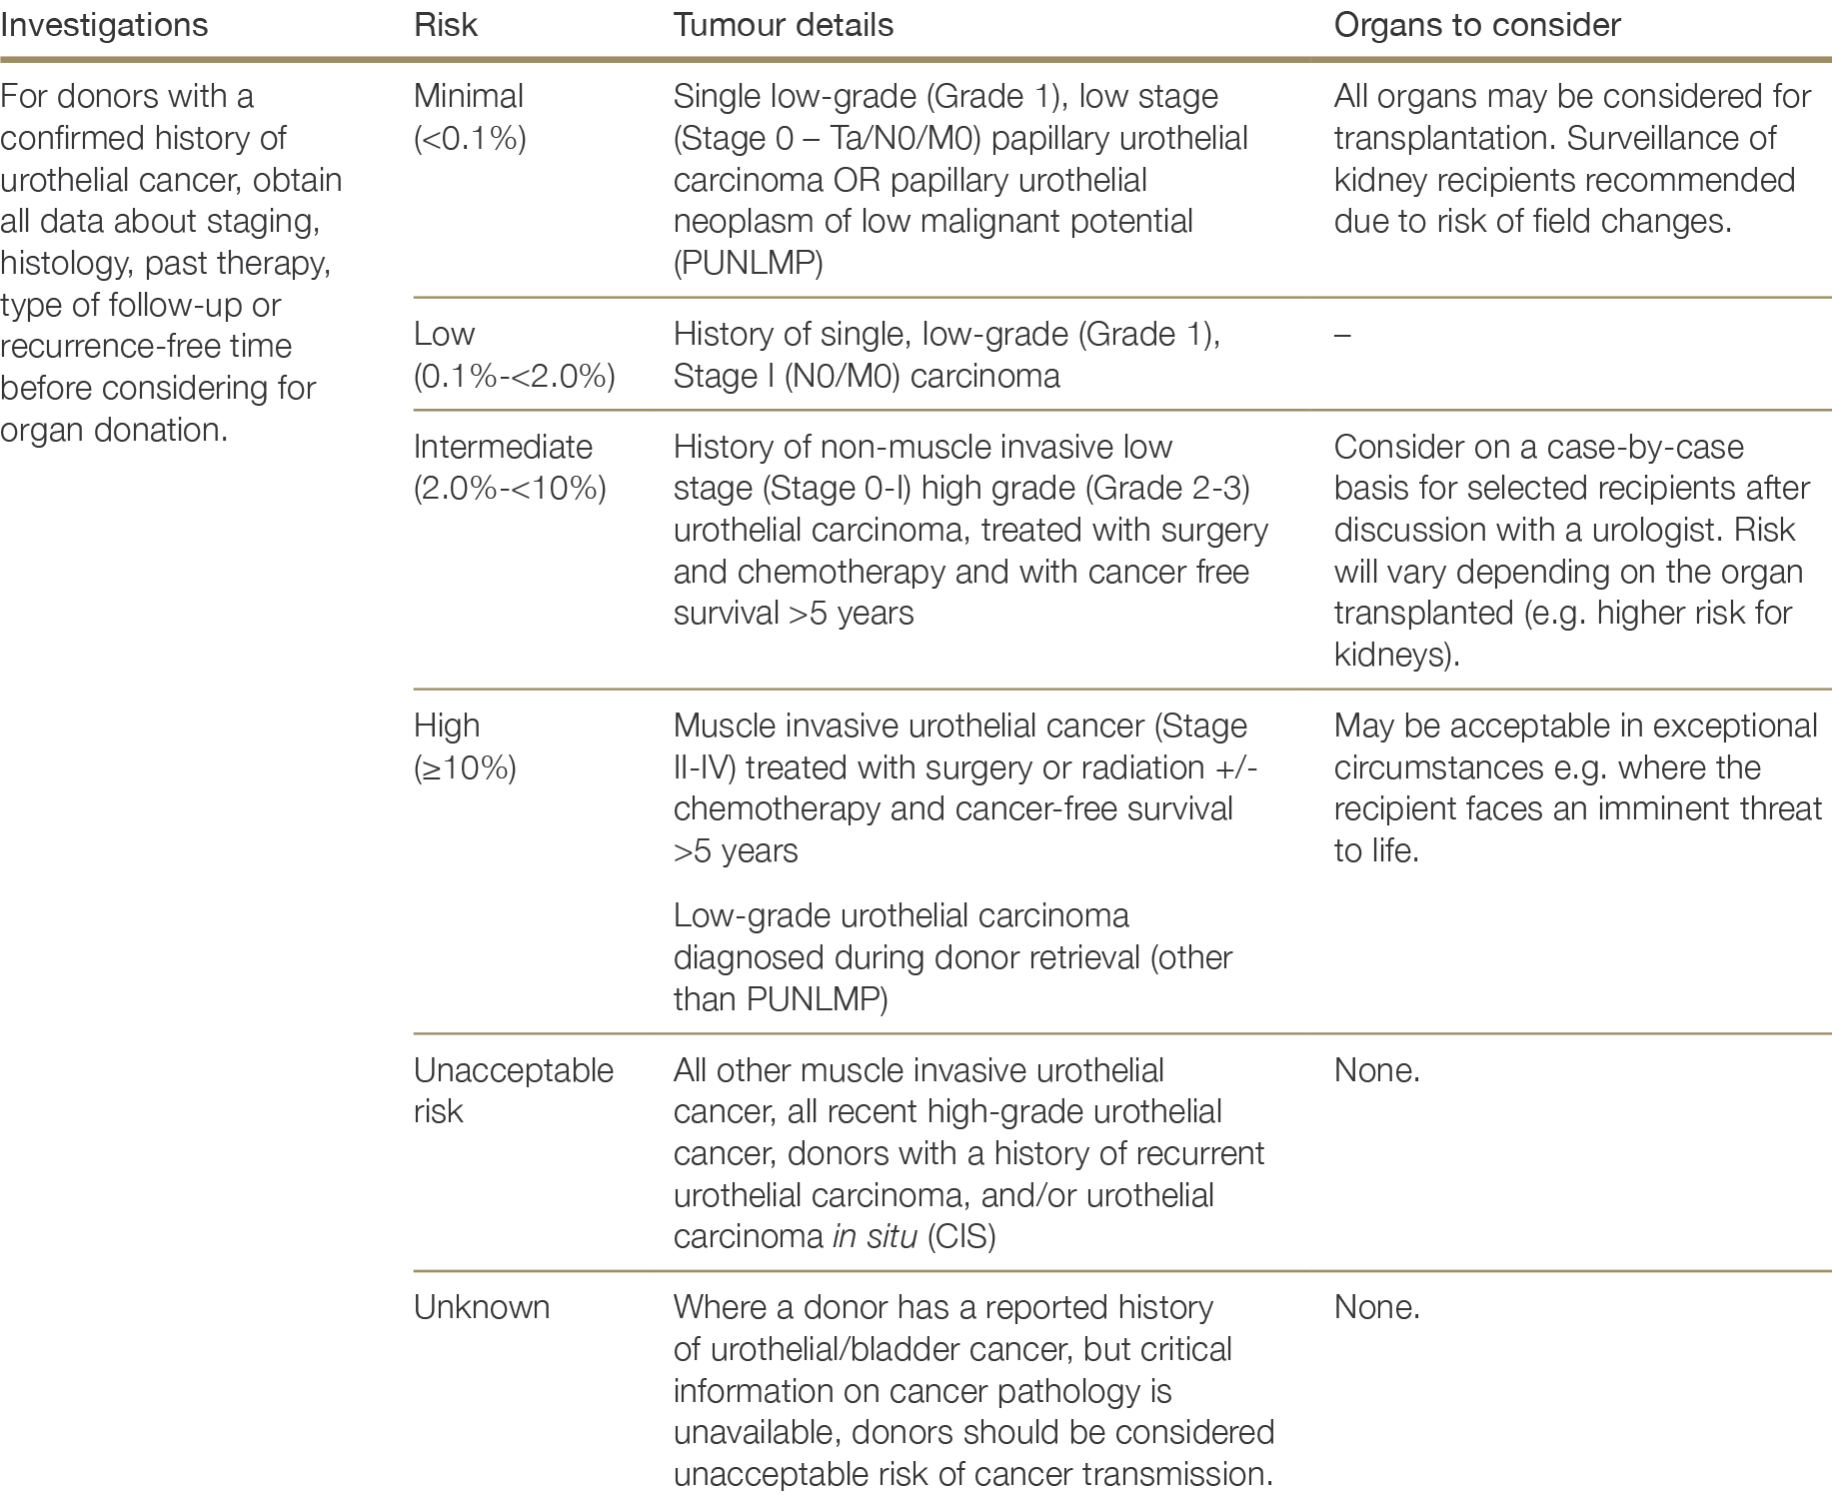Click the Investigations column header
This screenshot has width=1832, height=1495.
click(104, 25)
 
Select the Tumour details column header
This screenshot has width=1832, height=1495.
click(783, 25)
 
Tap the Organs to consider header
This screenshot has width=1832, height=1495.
click(1476, 25)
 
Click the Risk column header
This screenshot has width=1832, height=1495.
click(445, 25)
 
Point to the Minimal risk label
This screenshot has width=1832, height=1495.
click(468, 96)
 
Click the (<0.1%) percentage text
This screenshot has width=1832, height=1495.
click(470, 138)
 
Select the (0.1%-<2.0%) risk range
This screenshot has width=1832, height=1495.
click(514, 376)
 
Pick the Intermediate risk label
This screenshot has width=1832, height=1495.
click(503, 447)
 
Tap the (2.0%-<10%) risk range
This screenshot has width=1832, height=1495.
click(510, 489)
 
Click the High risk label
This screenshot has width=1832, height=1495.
click(446, 726)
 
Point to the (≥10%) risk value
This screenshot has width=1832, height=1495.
click(465, 767)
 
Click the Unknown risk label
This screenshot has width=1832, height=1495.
click(481, 1307)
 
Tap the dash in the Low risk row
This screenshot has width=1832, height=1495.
click(1342, 335)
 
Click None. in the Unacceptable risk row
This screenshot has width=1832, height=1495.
click(1376, 1070)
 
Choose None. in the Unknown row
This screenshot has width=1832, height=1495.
click(1376, 1307)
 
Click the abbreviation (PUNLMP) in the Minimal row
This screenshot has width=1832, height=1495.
click(748, 264)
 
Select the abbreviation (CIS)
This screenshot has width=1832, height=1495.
click(961, 1237)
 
